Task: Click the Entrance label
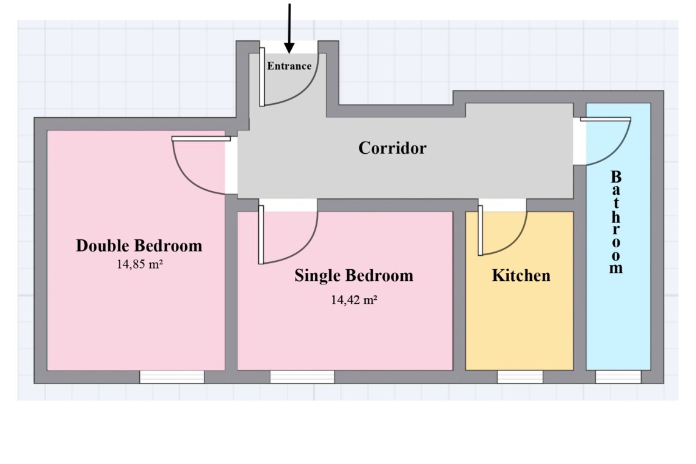(289, 66)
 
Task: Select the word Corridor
(393, 148)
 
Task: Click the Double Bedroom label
(139, 245)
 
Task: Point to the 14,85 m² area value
(139, 264)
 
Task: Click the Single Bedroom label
(353, 275)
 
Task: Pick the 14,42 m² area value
(353, 300)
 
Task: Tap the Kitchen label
(521, 275)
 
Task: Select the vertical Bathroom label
(615, 222)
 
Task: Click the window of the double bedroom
(172, 377)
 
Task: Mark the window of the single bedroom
(302, 377)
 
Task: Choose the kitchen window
(520, 377)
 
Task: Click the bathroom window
(618, 377)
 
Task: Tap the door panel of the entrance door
(262, 78)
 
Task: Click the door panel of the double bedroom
(201, 139)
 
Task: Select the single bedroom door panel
(261, 235)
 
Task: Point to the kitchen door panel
(480, 231)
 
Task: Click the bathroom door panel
(606, 119)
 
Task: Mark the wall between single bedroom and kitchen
(459, 291)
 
